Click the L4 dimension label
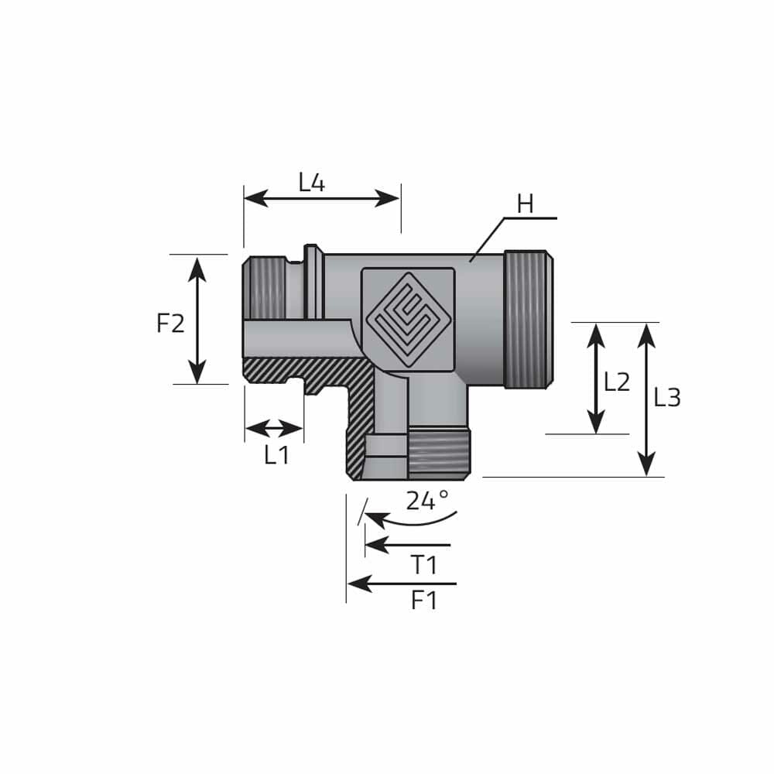coord(312,182)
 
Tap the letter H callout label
coord(526,204)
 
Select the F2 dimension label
coord(170,324)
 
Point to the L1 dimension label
coord(276,454)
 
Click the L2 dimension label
coord(617,382)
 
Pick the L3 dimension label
coord(667,397)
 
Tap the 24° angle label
coord(427,500)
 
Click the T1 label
coord(424,565)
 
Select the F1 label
coord(424,601)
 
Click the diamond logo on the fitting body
coord(408,320)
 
